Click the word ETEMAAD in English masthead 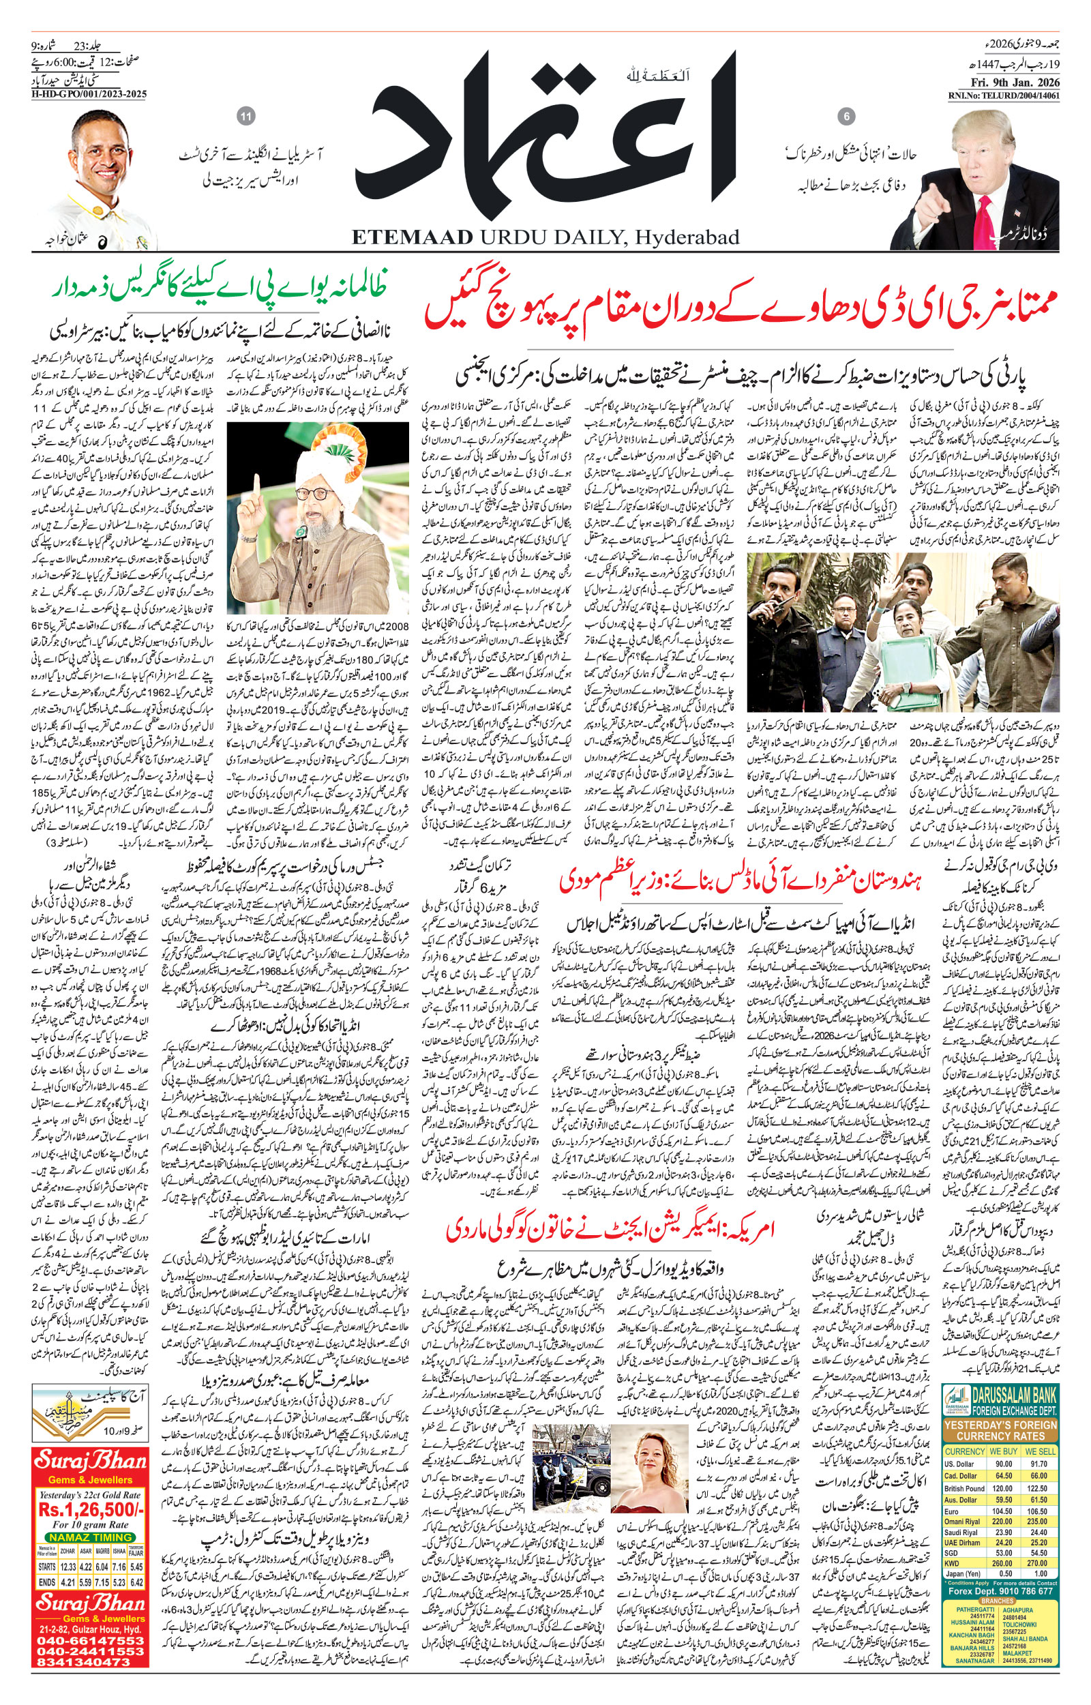pyautogui.click(x=412, y=237)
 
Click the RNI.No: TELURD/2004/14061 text pyautogui.click(x=1004, y=95)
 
